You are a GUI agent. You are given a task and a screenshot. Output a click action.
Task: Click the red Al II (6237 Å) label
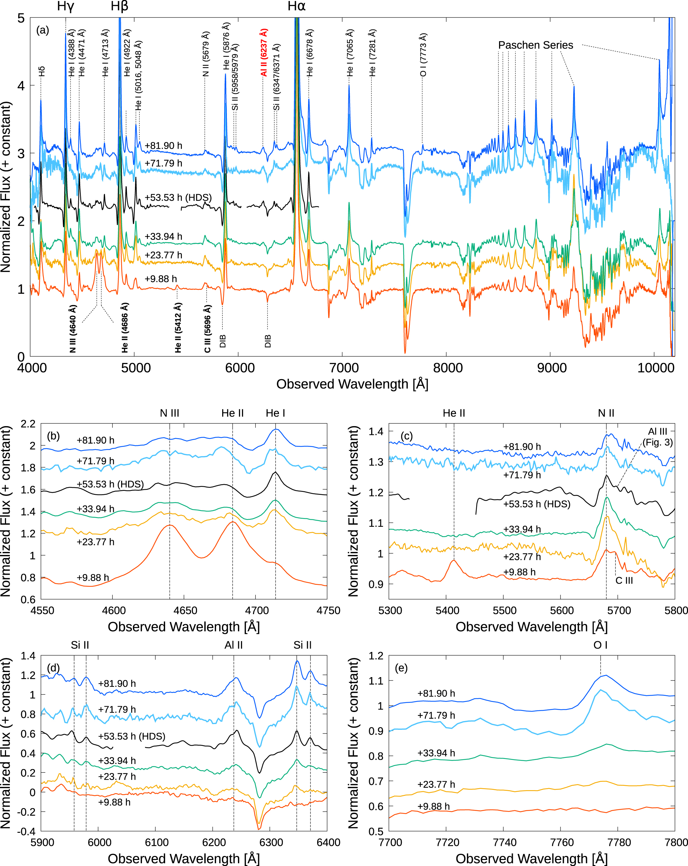click(x=264, y=52)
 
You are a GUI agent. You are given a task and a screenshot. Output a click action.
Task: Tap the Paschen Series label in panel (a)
click(x=535, y=45)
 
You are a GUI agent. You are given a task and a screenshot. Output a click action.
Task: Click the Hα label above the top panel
click(x=297, y=6)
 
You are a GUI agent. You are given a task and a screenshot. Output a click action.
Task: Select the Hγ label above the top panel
click(x=65, y=6)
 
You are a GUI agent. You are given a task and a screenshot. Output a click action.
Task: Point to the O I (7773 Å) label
click(x=423, y=55)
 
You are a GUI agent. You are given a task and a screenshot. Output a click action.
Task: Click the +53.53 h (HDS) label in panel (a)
click(x=178, y=198)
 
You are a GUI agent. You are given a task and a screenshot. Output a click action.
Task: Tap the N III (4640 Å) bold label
click(x=73, y=329)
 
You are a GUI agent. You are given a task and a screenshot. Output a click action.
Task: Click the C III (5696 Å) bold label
click(x=207, y=329)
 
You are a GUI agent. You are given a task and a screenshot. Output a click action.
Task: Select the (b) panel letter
click(x=53, y=436)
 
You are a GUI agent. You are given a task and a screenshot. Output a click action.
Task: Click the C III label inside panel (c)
click(x=624, y=580)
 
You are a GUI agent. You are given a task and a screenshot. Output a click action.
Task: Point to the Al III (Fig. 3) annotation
click(x=657, y=437)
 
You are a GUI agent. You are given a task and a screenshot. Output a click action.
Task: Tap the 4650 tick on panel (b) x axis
click(x=185, y=611)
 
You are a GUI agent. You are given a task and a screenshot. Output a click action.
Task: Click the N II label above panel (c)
click(x=606, y=413)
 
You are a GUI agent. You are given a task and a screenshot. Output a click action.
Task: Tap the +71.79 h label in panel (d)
click(x=117, y=709)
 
